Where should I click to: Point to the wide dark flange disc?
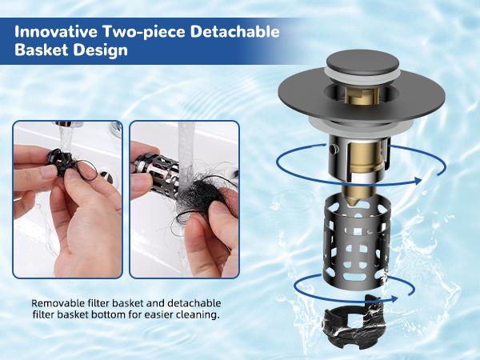click(x=304, y=96)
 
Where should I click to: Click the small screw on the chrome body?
click(x=330, y=149)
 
